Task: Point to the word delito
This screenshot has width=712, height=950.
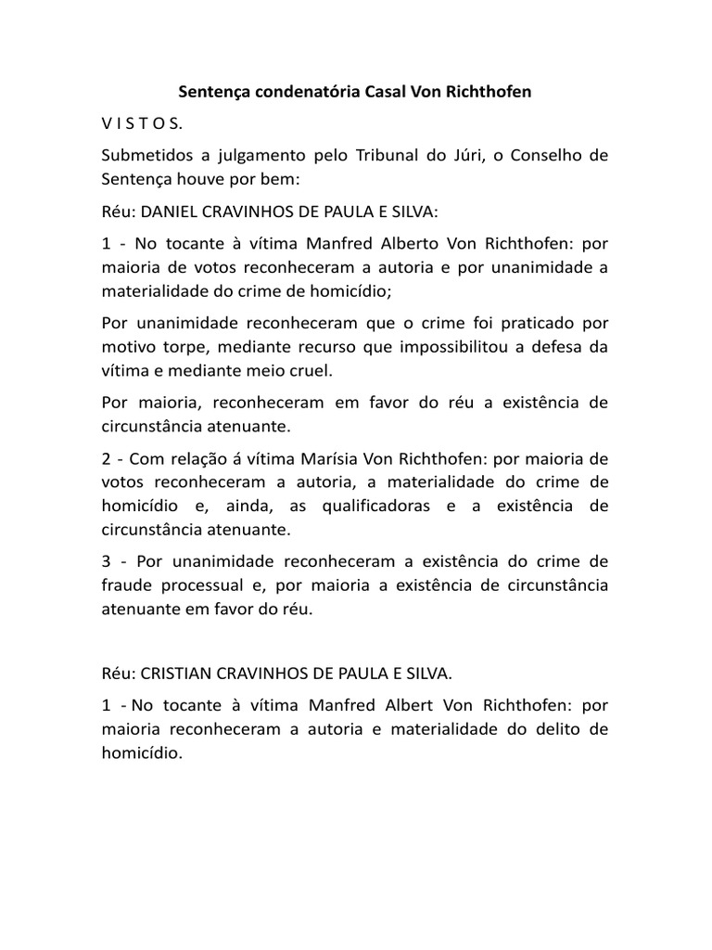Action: click(550, 729)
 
